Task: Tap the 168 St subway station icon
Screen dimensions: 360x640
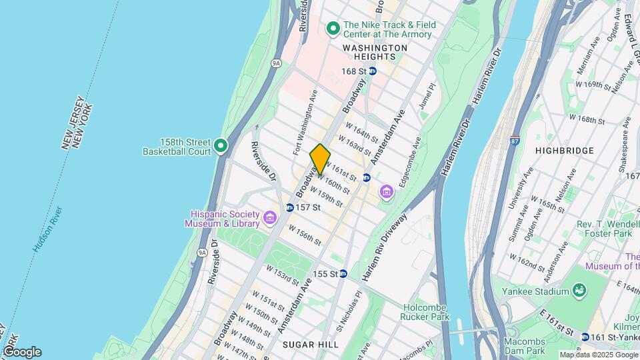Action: tap(373, 71)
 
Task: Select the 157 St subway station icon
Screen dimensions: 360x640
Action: tap(289, 207)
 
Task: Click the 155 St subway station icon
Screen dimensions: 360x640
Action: tap(343, 273)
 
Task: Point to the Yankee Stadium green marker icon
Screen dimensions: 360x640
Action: tap(579, 291)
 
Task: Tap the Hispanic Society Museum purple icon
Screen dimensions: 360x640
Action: tap(269, 217)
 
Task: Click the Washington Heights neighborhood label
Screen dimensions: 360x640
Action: tap(375, 52)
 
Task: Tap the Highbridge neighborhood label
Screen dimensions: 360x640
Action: tap(565, 151)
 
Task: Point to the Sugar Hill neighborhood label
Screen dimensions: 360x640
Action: tap(310, 344)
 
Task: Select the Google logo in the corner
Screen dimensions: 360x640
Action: tap(21, 352)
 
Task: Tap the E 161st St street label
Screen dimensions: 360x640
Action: tap(556, 321)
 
